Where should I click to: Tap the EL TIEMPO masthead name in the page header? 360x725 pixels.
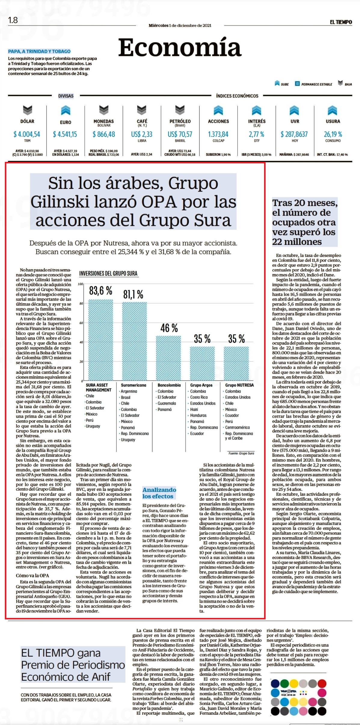(341, 22)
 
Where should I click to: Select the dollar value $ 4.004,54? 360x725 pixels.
(27, 134)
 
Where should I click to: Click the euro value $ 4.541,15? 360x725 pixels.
(65, 134)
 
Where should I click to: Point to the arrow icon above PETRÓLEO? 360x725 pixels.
(180, 110)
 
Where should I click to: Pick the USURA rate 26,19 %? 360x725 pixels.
(333, 134)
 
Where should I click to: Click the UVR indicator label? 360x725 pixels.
(295, 121)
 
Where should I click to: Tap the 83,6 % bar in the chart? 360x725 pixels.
(100, 340)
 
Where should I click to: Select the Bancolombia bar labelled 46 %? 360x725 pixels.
(168, 358)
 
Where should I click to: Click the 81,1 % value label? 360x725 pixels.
(133, 294)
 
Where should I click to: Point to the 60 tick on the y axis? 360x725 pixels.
(81, 323)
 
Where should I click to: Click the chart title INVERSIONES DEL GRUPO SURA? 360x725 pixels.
(108, 273)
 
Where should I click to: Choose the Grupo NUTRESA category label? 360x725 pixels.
(239, 385)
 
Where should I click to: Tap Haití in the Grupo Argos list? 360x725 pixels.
(194, 409)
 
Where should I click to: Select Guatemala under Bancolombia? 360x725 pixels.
(167, 403)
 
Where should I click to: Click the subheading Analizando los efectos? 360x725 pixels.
(159, 493)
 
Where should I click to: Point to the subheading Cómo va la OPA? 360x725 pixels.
(32, 575)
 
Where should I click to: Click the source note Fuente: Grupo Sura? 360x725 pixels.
(241, 453)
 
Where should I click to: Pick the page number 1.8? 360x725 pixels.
(13, 20)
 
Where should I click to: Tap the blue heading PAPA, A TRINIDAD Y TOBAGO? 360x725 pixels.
(39, 51)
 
